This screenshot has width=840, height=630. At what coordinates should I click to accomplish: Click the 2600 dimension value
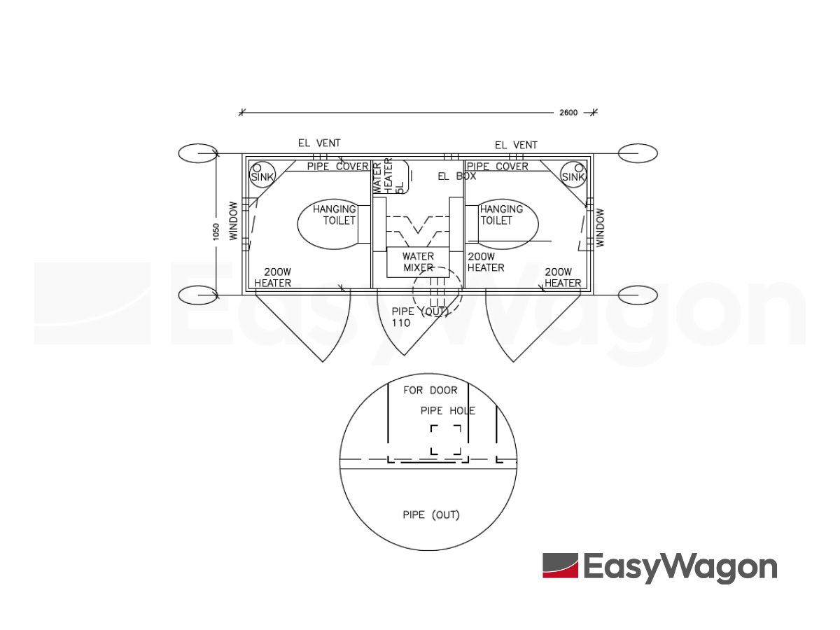pyautogui.click(x=568, y=113)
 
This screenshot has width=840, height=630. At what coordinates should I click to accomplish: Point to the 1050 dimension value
pyautogui.click(x=216, y=232)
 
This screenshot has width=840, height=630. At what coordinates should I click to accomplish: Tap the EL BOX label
pyautogui.click(x=457, y=176)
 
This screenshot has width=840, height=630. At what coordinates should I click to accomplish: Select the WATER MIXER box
pyautogui.click(x=418, y=262)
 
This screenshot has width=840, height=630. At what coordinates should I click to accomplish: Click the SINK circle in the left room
pyautogui.click(x=262, y=175)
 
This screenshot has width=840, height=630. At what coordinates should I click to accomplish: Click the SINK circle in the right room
pyautogui.click(x=573, y=175)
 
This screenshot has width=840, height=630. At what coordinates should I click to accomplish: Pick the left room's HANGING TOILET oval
pyautogui.click(x=328, y=224)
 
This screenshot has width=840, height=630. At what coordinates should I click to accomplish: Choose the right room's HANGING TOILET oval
pyautogui.click(x=507, y=224)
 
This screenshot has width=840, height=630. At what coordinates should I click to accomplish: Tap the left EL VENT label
pyautogui.click(x=319, y=143)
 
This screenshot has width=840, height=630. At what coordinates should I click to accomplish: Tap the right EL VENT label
pyautogui.click(x=516, y=146)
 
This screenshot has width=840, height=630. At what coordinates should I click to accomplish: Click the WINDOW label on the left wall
pyautogui.click(x=233, y=221)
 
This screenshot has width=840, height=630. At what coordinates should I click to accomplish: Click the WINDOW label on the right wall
pyautogui.click(x=600, y=227)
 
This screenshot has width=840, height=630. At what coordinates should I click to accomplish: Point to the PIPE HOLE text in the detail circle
pyautogui.click(x=448, y=411)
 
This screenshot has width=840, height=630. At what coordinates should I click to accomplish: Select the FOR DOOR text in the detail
pyautogui.click(x=430, y=390)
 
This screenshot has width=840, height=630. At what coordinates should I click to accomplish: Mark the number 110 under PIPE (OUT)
pyautogui.click(x=400, y=323)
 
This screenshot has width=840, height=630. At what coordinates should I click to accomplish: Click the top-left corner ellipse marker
pyautogui.click(x=198, y=153)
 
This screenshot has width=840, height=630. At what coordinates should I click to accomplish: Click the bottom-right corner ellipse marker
pyautogui.click(x=638, y=295)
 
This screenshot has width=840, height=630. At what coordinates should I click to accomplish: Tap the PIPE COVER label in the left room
pyautogui.click(x=338, y=167)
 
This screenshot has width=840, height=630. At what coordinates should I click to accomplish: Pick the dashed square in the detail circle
pyautogui.click(x=446, y=440)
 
